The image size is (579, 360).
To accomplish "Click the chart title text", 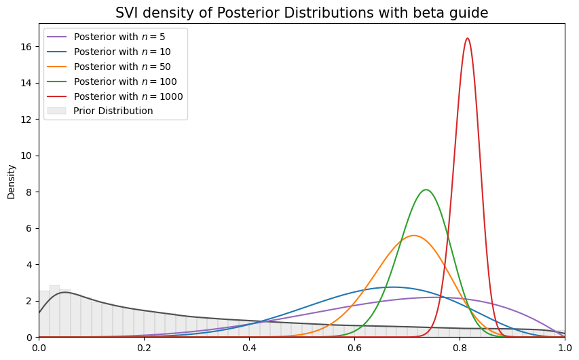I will [301, 13].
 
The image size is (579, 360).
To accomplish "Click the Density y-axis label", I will [11, 181].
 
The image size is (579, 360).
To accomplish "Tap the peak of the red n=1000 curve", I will [467, 38].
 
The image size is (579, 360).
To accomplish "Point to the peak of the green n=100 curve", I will [426, 190].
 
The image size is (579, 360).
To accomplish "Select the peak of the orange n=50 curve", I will [413, 236].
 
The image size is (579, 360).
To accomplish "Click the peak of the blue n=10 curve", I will [392, 287].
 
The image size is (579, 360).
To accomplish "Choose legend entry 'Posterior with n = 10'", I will [122, 52].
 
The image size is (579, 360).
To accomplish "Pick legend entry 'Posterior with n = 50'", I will [122, 67].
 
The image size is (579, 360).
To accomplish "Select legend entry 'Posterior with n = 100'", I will [125, 82].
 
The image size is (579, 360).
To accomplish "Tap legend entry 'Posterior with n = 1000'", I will [128, 96].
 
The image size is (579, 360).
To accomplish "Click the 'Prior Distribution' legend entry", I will [113, 111].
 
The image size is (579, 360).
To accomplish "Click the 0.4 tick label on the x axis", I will [249, 348].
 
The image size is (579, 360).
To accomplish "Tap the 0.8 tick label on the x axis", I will [460, 348].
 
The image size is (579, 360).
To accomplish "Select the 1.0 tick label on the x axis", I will [565, 348].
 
